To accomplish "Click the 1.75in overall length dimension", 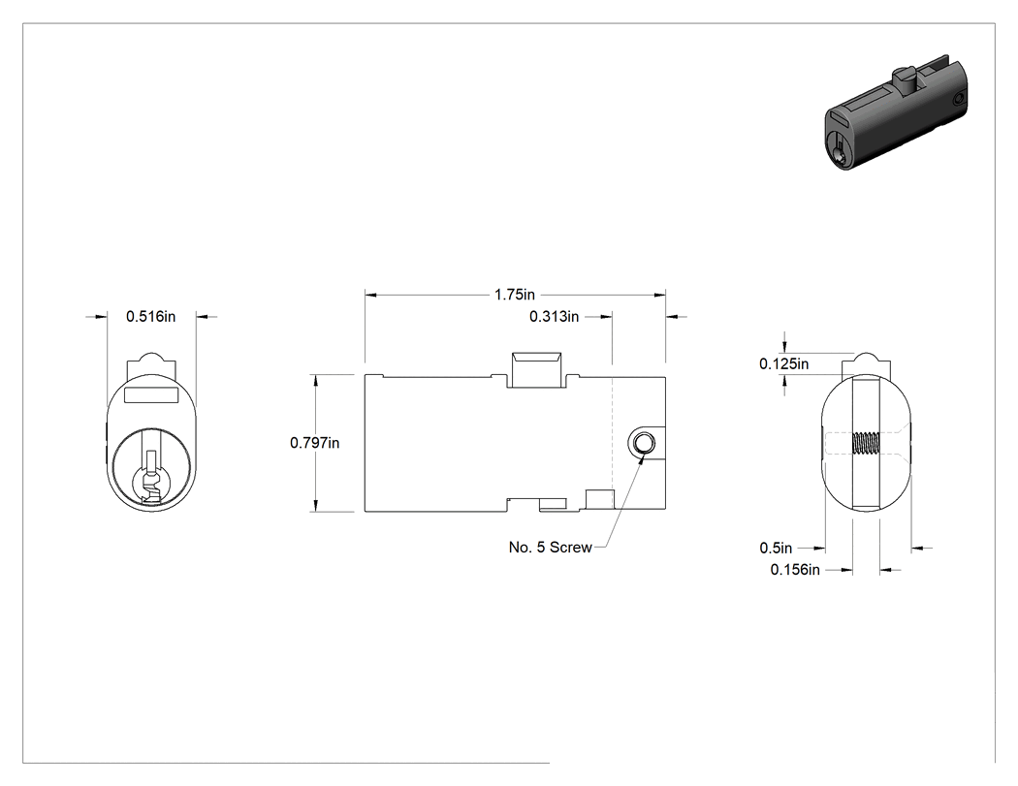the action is point(515,295).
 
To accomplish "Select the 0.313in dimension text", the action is point(554,317).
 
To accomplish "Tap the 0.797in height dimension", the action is point(315,443).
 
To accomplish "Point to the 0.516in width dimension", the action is point(150,317).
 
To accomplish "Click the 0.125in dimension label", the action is point(783,364).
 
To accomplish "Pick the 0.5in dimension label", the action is point(776,549).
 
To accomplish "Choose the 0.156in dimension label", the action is point(795,570).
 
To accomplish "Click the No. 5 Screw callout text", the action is point(550,548).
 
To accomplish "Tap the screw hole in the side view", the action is point(643,443).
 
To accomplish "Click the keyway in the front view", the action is point(150,479).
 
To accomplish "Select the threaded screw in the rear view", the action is point(866,443).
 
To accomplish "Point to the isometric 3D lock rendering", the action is point(897,117).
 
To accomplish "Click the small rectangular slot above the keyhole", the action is point(150,394).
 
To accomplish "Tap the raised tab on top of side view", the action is point(537,369).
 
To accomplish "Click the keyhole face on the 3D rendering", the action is point(840,148).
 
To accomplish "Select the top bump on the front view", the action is point(150,364).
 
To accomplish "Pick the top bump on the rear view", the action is point(866,364).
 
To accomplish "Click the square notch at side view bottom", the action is point(600,499).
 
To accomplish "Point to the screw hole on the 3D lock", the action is point(960,99).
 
